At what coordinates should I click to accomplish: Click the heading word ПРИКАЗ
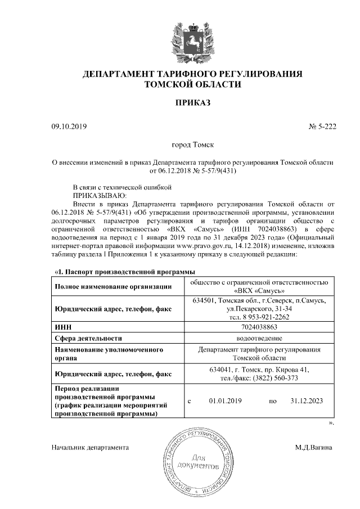192,104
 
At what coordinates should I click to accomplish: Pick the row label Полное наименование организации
112,287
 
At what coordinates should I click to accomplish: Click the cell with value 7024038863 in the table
259,326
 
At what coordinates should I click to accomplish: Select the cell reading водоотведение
259,339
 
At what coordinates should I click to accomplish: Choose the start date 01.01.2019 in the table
225,401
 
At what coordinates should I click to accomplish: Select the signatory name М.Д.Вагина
313,448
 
